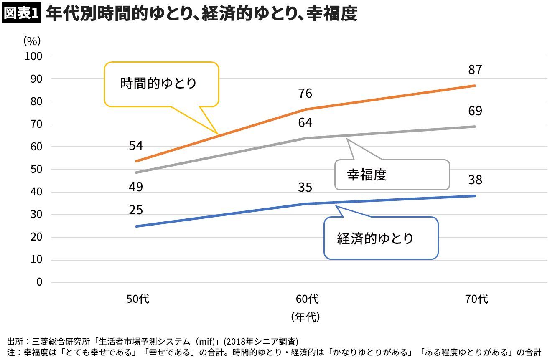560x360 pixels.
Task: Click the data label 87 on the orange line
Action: [x=475, y=69]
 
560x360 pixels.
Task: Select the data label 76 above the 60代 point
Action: [x=305, y=93]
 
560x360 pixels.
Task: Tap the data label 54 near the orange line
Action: [x=136, y=146]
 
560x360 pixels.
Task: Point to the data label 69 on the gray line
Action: [x=475, y=111]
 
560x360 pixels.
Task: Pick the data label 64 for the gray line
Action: [x=305, y=123]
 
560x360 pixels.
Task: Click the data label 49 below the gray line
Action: [x=136, y=187]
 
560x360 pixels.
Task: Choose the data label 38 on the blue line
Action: [x=475, y=180]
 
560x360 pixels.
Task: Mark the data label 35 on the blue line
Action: [x=305, y=188]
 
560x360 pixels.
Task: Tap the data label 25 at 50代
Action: [x=136, y=210]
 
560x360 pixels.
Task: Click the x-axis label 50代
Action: [x=138, y=299]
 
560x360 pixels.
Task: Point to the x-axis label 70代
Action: [x=477, y=299]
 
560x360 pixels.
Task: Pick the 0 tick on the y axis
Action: [x=39, y=282]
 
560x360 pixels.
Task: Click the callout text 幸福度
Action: [x=367, y=175]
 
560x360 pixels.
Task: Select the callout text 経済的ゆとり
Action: [x=375, y=238]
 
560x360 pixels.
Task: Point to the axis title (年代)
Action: [x=305, y=317]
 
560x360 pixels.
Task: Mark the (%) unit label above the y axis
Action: [x=32, y=41]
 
